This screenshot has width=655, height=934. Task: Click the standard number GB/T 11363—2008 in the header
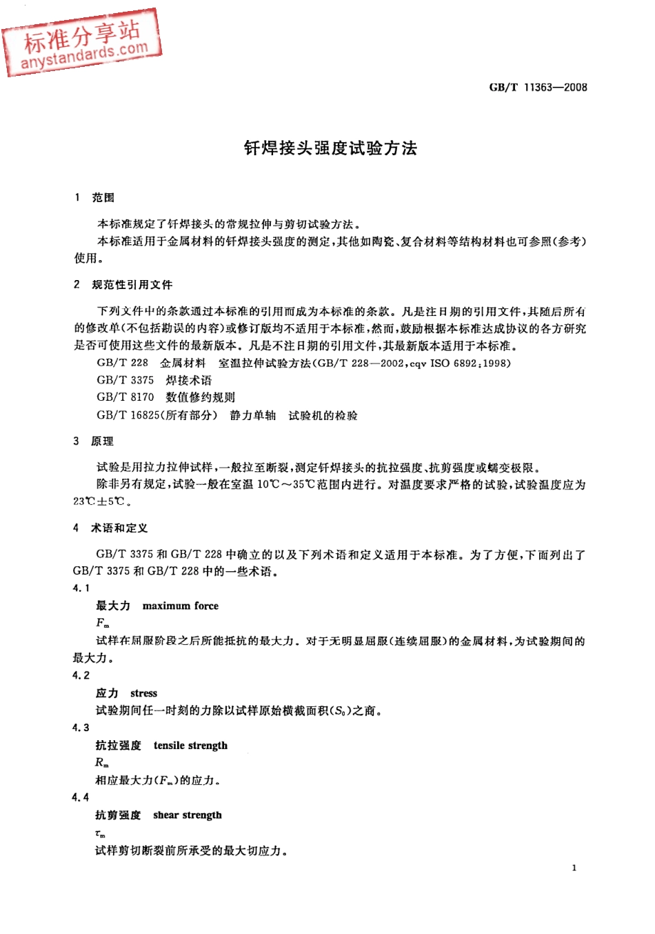click(x=538, y=88)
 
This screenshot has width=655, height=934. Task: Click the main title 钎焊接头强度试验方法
click(x=330, y=148)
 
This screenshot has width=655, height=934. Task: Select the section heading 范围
click(x=103, y=198)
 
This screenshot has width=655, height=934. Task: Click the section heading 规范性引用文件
click(x=132, y=285)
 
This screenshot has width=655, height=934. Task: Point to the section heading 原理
click(x=102, y=441)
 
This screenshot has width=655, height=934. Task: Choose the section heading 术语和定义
click(x=119, y=528)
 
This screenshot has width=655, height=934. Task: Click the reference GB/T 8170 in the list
click(x=125, y=397)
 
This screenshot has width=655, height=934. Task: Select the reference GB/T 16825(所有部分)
click(x=157, y=415)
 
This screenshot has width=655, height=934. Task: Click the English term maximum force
click(x=180, y=606)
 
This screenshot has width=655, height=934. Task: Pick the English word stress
click(x=143, y=693)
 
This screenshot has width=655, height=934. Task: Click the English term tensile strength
click(x=190, y=746)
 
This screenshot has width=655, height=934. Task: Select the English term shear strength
click(x=188, y=815)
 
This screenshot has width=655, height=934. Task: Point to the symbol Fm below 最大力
click(x=102, y=623)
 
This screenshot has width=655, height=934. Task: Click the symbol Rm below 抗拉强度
click(x=101, y=763)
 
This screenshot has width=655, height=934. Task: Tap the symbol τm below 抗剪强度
click(x=100, y=833)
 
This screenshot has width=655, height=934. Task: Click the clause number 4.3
click(x=81, y=728)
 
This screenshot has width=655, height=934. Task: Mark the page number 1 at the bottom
click(x=574, y=868)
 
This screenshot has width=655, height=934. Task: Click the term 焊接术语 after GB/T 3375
click(x=189, y=381)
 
